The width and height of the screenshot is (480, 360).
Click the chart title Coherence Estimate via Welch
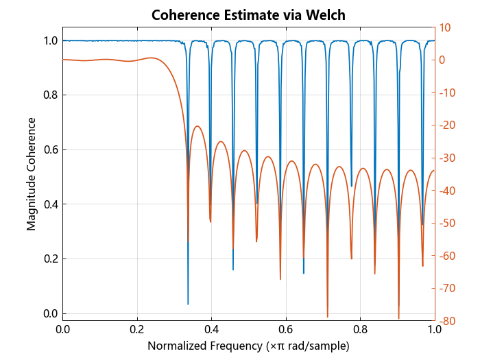[249, 14]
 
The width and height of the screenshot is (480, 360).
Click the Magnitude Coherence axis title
[32, 173]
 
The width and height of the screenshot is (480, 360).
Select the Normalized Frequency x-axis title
[248, 346]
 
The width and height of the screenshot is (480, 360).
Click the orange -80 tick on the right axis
[446, 321]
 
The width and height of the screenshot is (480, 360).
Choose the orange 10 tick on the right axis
[444, 27]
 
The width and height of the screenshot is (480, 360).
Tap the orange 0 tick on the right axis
[443, 60]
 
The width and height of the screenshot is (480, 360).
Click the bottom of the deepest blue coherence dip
[188, 304]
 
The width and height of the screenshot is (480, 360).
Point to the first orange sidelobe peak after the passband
[197, 126]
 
